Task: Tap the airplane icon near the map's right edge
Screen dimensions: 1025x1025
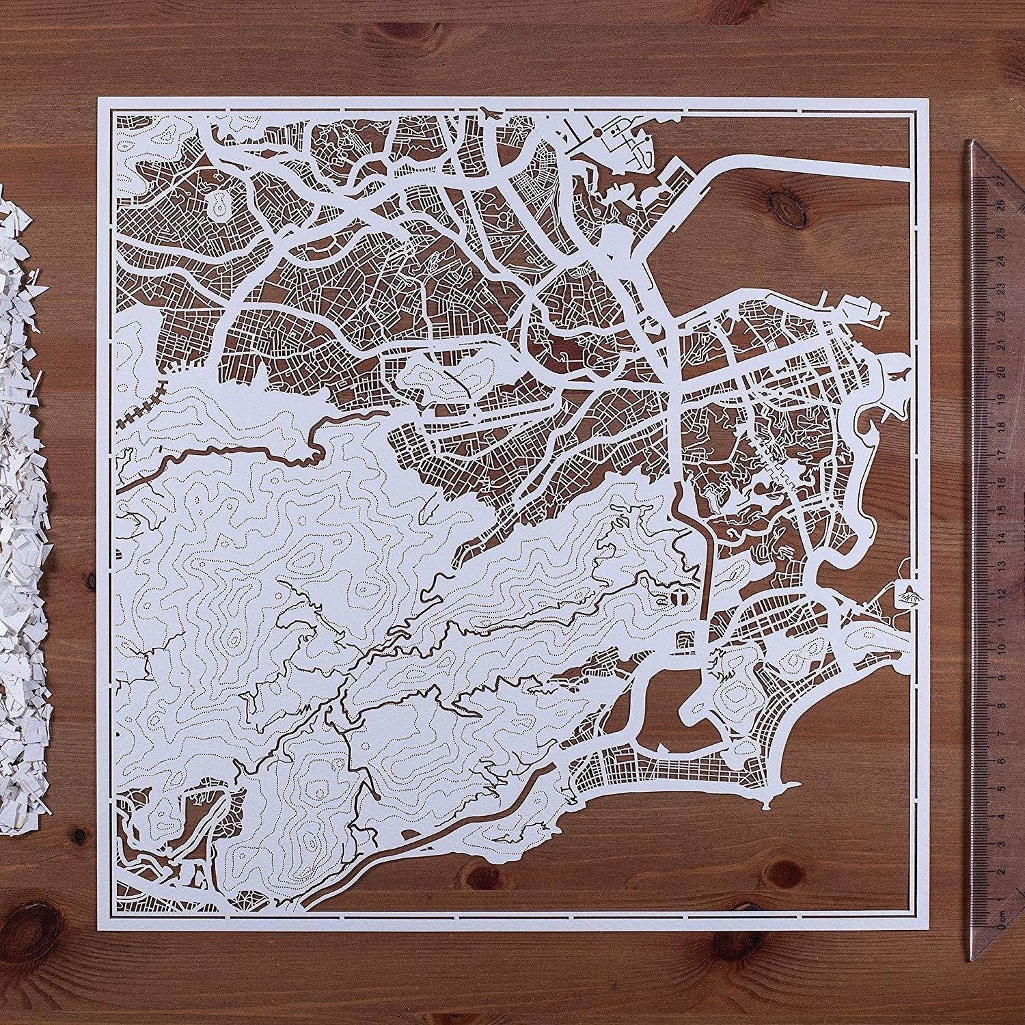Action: coord(901,375)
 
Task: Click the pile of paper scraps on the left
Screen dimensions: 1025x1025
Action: coord(20,547)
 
